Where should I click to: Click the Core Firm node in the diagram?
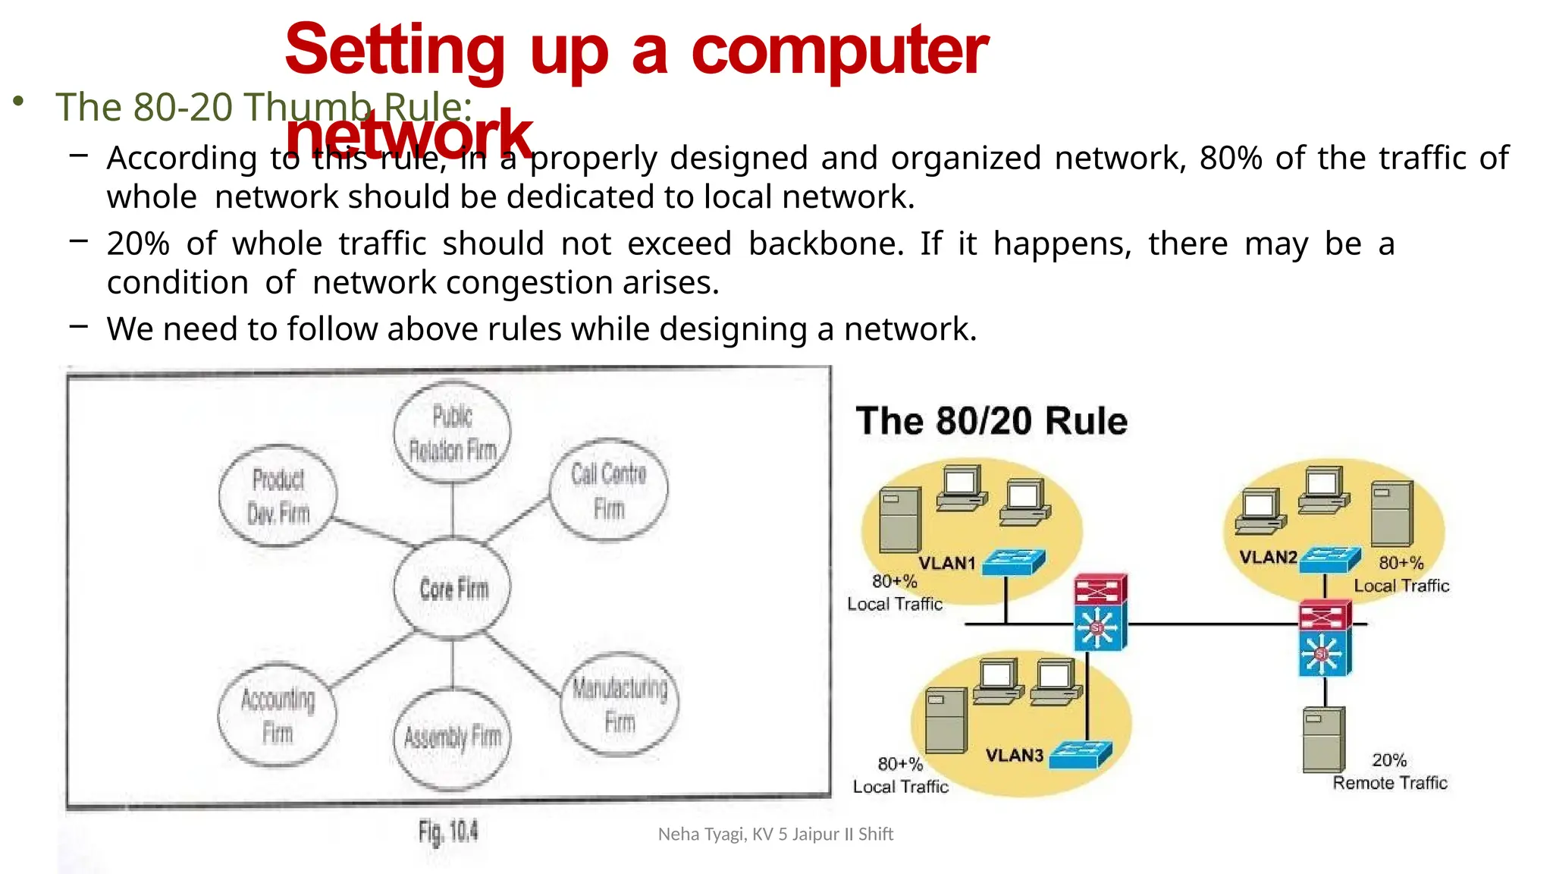click(x=453, y=588)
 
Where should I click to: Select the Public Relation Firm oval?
click(x=453, y=433)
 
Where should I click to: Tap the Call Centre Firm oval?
click(x=609, y=490)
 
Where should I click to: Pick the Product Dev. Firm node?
click(x=278, y=495)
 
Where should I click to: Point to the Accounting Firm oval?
click(x=277, y=715)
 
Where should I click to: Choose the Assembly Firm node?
click(x=453, y=737)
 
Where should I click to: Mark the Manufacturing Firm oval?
click(x=620, y=704)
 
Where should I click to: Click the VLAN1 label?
click(x=946, y=563)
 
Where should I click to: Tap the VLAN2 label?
click(x=1268, y=557)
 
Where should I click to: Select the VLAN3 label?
click(x=1014, y=755)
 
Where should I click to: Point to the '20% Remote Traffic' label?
click(x=1390, y=772)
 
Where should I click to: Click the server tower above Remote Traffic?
click(x=1323, y=739)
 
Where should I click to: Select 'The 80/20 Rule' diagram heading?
click(x=991, y=421)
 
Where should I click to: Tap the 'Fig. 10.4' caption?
click(x=448, y=832)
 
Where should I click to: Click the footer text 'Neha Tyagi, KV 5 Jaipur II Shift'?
click(x=775, y=834)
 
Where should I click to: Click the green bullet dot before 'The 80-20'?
click(x=19, y=102)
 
